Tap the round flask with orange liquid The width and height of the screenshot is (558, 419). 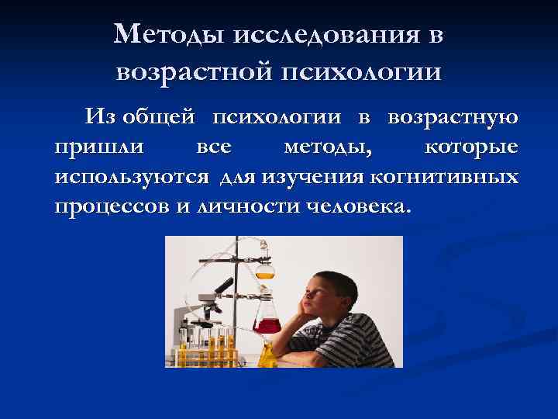click(265, 269)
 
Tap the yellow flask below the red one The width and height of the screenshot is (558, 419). click(267, 356)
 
